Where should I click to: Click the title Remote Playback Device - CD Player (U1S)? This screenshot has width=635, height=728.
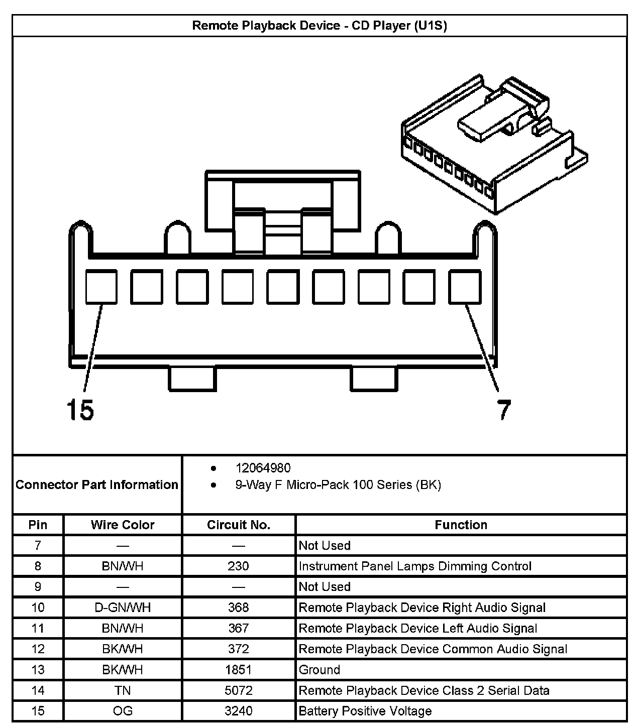320,26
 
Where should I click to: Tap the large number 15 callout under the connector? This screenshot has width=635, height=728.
80,410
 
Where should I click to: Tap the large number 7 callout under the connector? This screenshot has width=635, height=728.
504,410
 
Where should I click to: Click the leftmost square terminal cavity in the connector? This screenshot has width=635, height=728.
101,287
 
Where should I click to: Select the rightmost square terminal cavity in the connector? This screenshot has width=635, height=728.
464,287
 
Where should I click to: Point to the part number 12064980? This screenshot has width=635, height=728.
263,468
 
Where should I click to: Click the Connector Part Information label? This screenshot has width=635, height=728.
97,484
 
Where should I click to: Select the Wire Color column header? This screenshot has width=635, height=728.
123,525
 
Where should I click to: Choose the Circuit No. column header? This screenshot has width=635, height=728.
239,525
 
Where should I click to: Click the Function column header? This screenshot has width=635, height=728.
461,525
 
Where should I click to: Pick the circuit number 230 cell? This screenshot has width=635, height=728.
238,566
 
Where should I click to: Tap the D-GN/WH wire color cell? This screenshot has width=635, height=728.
123,608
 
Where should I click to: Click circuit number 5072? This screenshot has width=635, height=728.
238,690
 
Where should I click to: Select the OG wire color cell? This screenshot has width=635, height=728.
123,711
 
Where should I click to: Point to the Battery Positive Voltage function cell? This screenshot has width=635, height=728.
365,711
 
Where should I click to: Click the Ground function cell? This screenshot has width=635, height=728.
320,670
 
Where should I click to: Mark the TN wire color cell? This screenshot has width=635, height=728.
123,690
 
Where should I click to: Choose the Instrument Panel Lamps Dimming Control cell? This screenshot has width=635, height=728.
415,566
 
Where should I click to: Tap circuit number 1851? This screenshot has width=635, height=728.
238,670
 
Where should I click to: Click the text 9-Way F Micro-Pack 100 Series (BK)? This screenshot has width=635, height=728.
338,485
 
